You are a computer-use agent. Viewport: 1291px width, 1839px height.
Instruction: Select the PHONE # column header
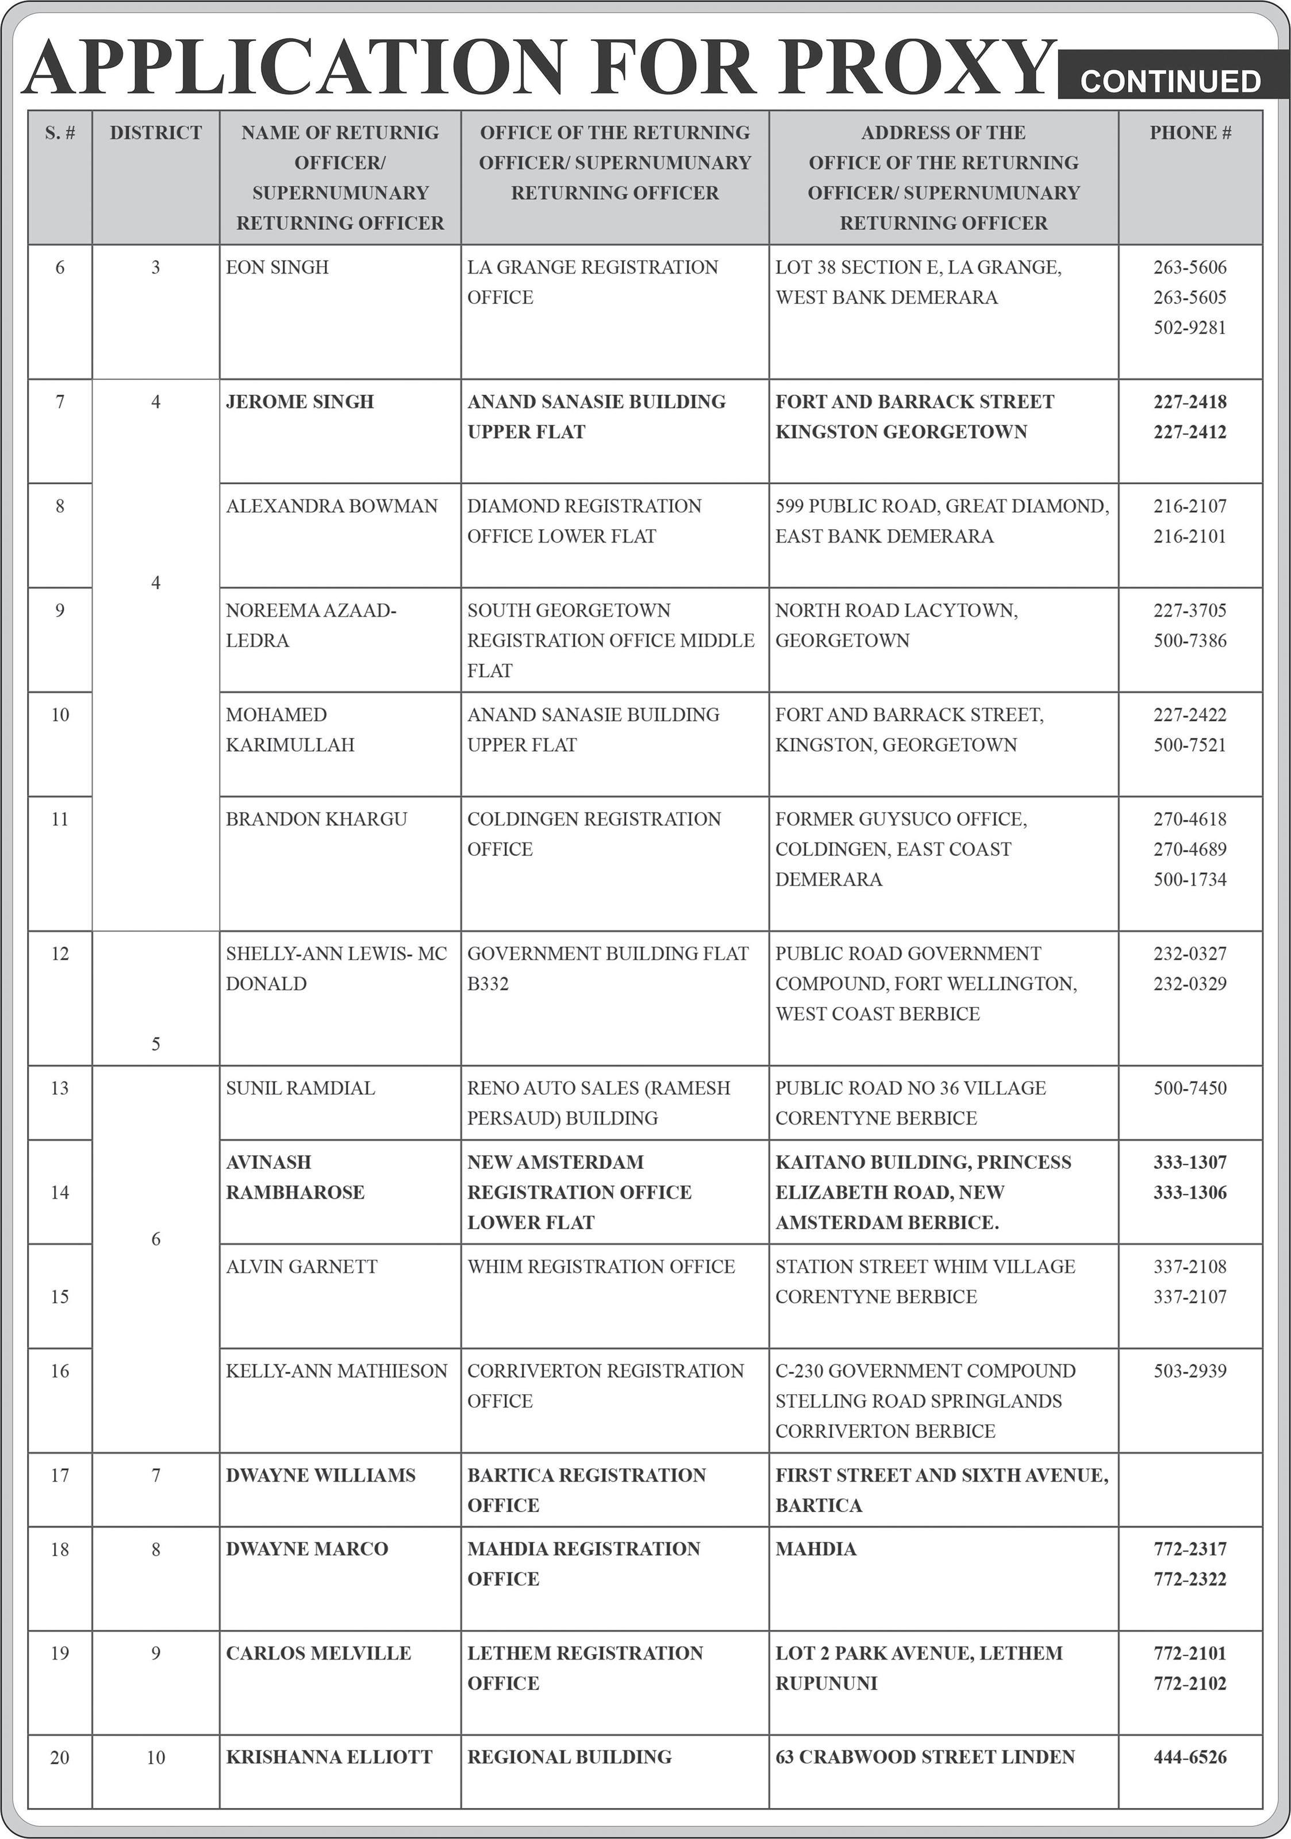point(1190,133)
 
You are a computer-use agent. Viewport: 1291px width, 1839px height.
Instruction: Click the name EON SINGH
point(277,268)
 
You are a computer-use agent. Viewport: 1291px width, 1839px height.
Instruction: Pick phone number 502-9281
point(1190,328)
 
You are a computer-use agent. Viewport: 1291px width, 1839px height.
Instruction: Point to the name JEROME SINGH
point(299,402)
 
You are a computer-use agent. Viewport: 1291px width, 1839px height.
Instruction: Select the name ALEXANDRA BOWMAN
point(332,506)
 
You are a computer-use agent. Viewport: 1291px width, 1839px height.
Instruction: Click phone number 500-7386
point(1190,641)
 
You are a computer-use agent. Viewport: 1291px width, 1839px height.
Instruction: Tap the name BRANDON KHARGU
point(316,820)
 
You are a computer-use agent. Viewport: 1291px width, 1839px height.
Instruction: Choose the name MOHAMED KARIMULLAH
point(290,730)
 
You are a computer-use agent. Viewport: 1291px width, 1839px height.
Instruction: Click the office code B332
point(488,983)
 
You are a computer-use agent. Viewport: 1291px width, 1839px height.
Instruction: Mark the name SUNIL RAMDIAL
point(300,1088)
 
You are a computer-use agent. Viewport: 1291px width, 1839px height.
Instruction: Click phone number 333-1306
point(1190,1192)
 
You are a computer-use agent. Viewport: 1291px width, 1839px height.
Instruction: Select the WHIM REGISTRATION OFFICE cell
point(601,1266)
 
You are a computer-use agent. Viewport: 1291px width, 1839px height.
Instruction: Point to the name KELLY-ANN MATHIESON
point(336,1371)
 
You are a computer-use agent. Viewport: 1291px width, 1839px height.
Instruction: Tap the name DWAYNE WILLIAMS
point(320,1475)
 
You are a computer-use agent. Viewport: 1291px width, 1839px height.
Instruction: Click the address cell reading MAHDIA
point(815,1549)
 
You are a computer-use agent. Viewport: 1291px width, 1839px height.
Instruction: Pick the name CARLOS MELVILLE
point(318,1653)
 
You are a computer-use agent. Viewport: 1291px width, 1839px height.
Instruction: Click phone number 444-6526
point(1190,1757)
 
